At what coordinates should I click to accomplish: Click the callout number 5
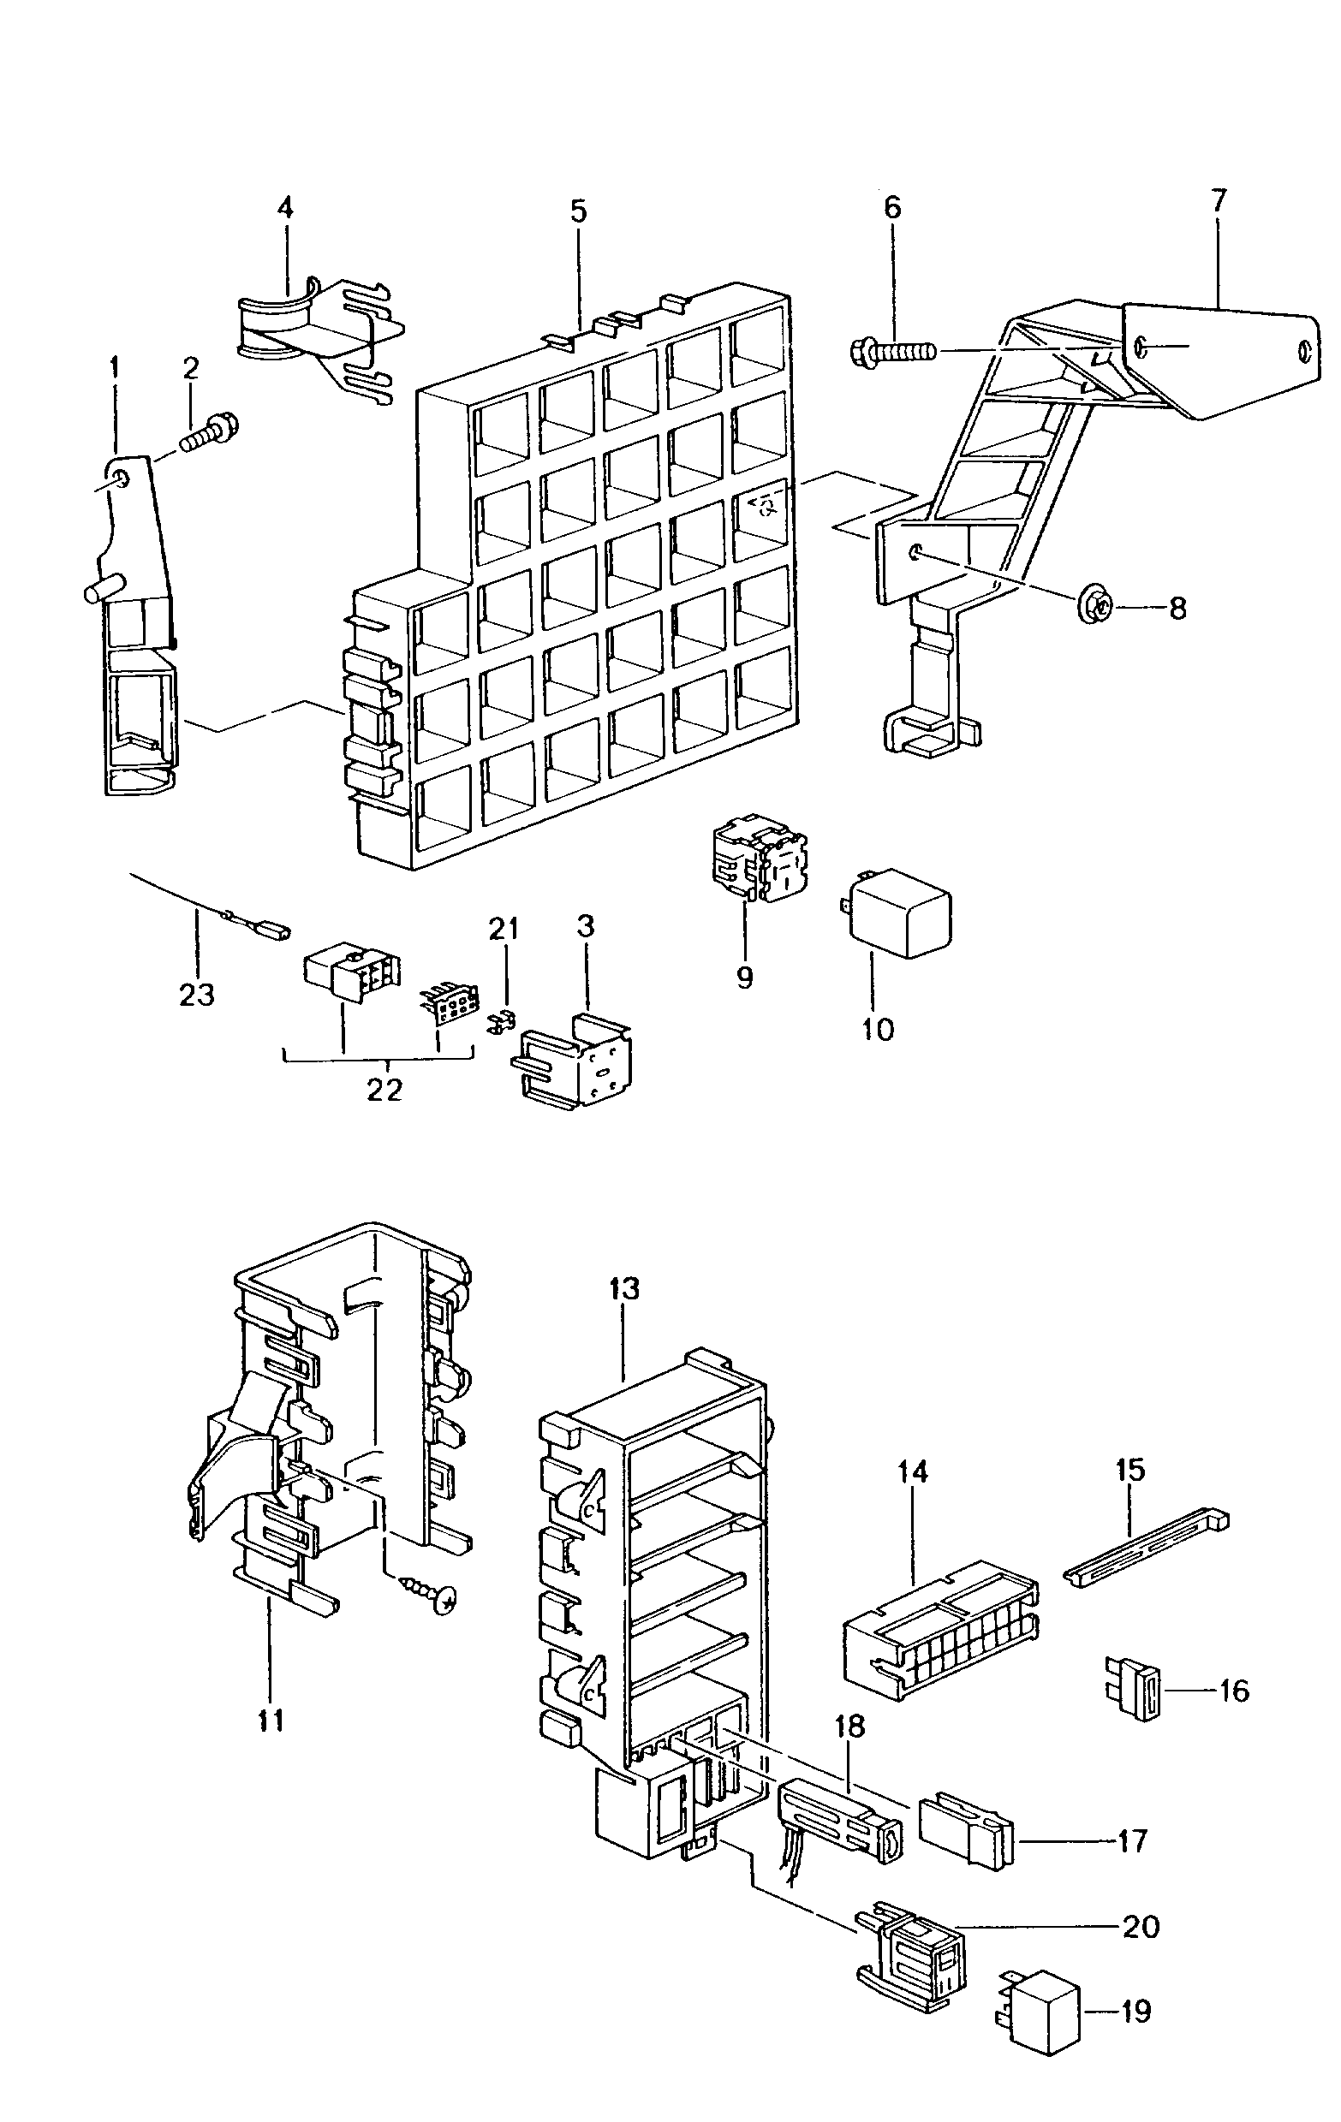coord(577,212)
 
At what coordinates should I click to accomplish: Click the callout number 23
coord(197,995)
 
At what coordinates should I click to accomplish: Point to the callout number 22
coord(384,1089)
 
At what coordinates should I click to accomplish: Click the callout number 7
coord(1218,202)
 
